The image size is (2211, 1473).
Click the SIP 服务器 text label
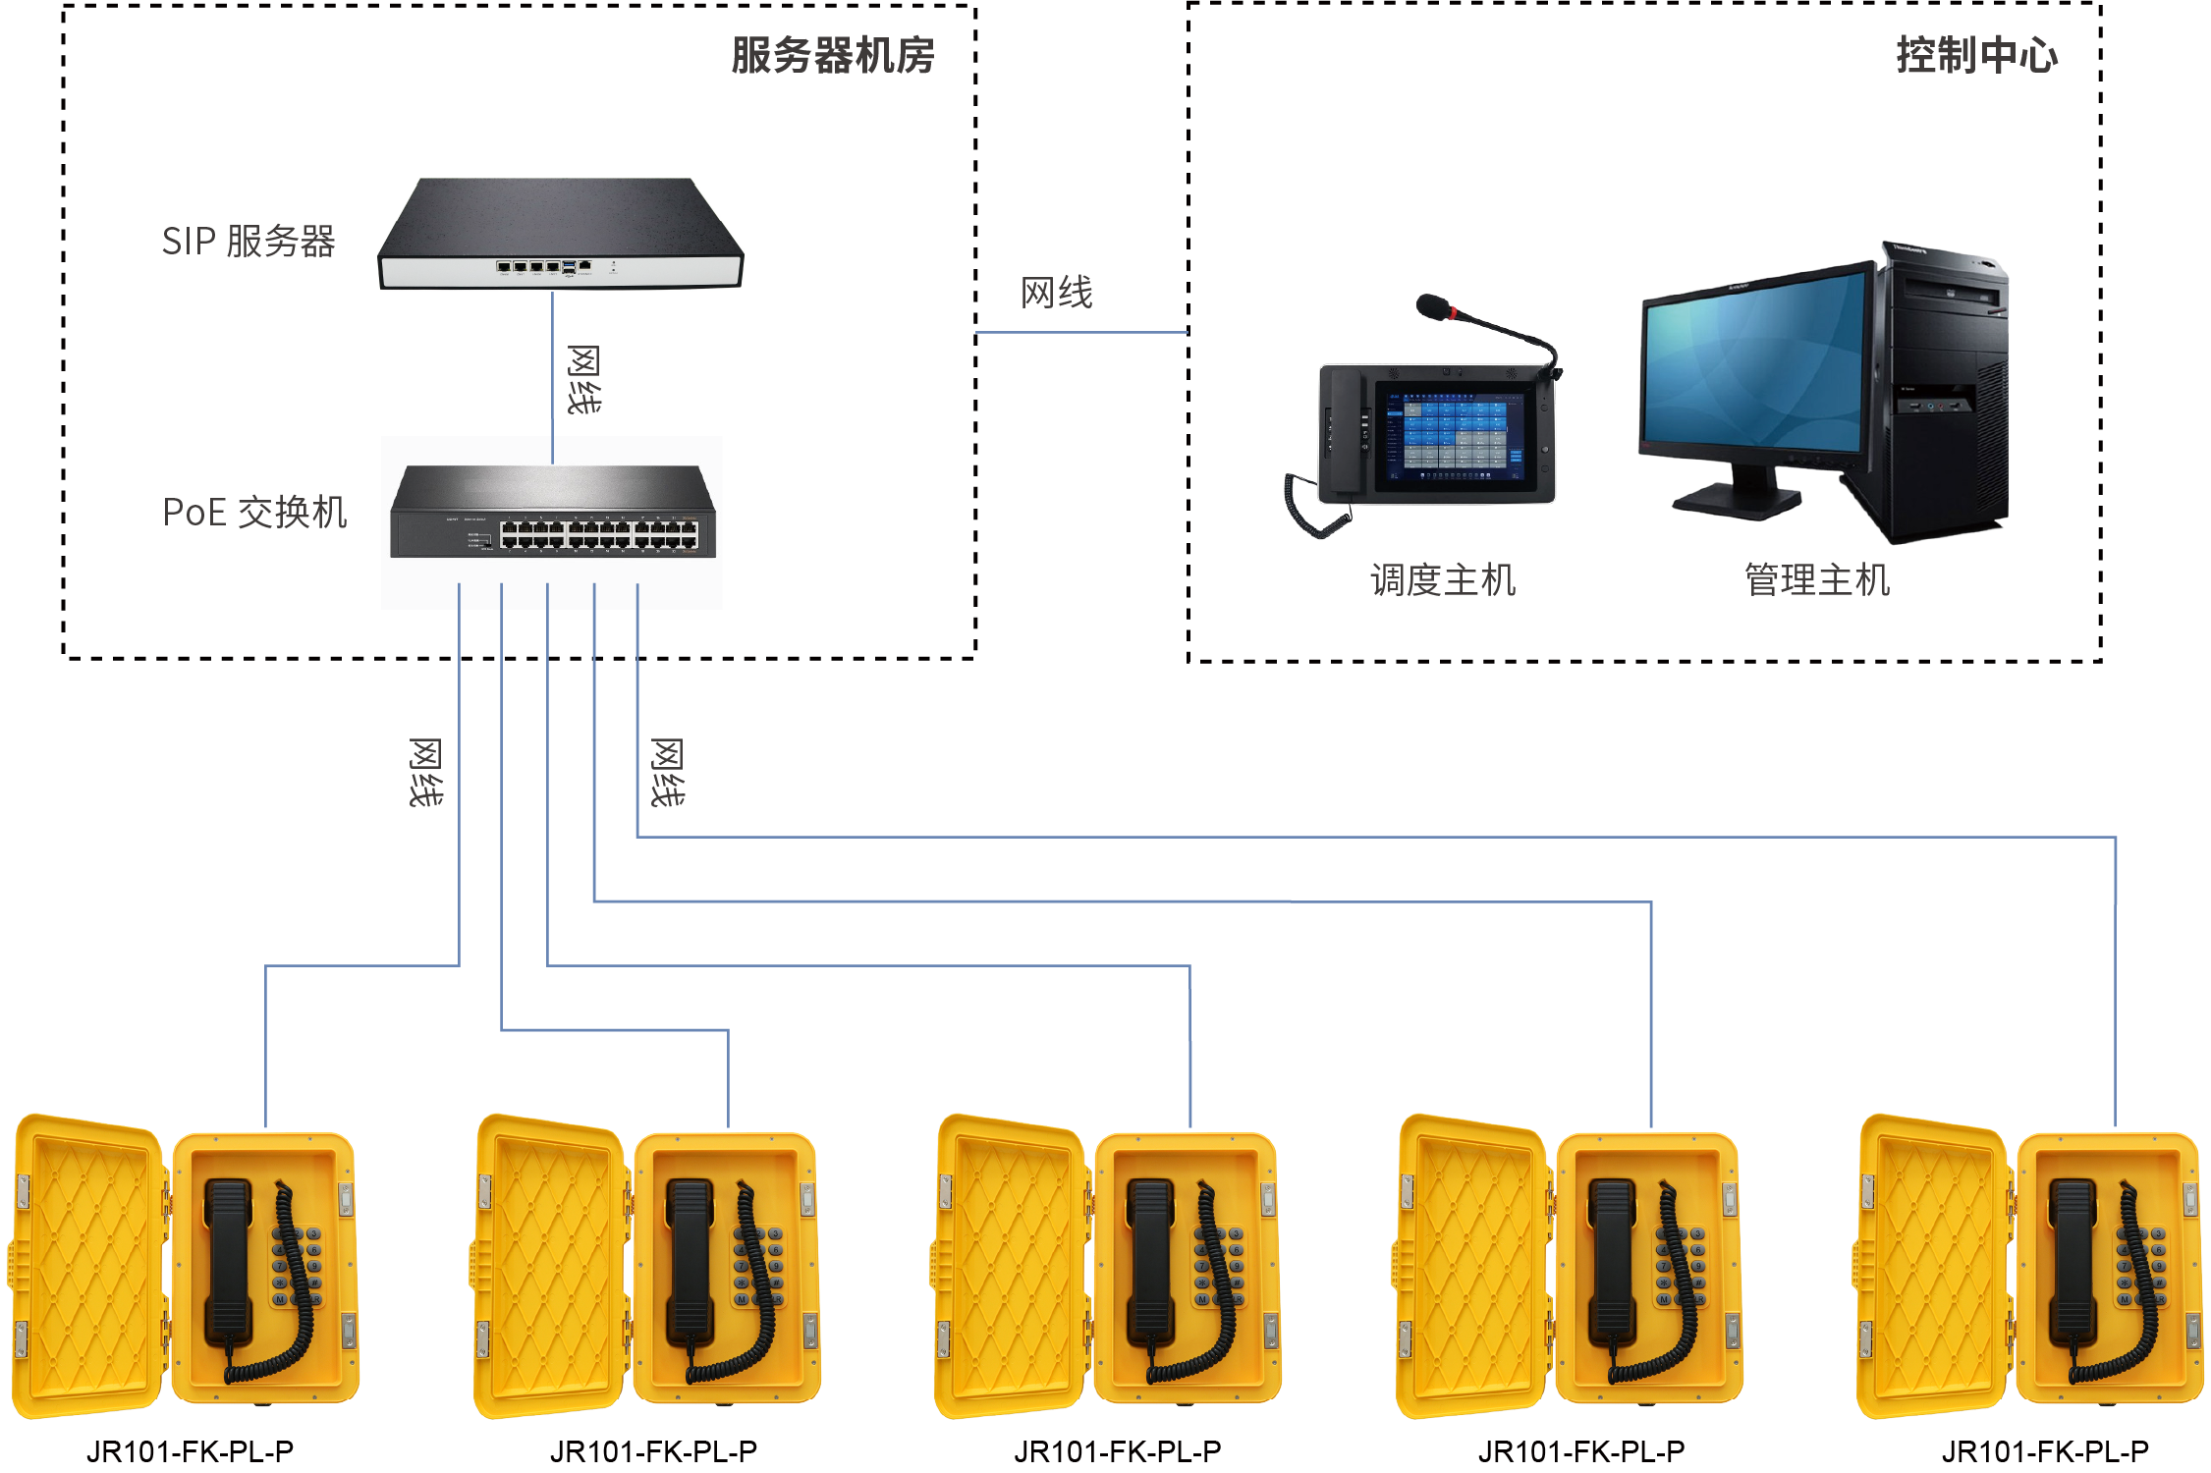pyautogui.click(x=248, y=242)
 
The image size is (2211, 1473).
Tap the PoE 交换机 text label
pyautogui.click(x=254, y=513)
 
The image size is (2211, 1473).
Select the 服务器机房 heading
pyautogui.click(x=832, y=56)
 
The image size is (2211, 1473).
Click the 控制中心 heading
pyautogui.click(x=1975, y=56)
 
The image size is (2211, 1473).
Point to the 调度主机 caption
pyautogui.click(x=1442, y=580)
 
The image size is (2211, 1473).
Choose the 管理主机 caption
pyautogui.click(x=1816, y=580)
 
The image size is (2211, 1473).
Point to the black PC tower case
pyautogui.click(x=1945, y=393)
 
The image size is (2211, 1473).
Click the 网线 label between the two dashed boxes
pyautogui.click(x=1056, y=293)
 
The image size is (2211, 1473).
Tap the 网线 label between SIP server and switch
pyautogui.click(x=584, y=379)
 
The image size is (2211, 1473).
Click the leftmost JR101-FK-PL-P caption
pyautogui.click(x=190, y=1450)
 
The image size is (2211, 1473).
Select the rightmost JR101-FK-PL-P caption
pyautogui.click(x=2045, y=1450)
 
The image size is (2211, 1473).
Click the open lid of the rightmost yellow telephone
pyautogui.click(x=1931, y=1267)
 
